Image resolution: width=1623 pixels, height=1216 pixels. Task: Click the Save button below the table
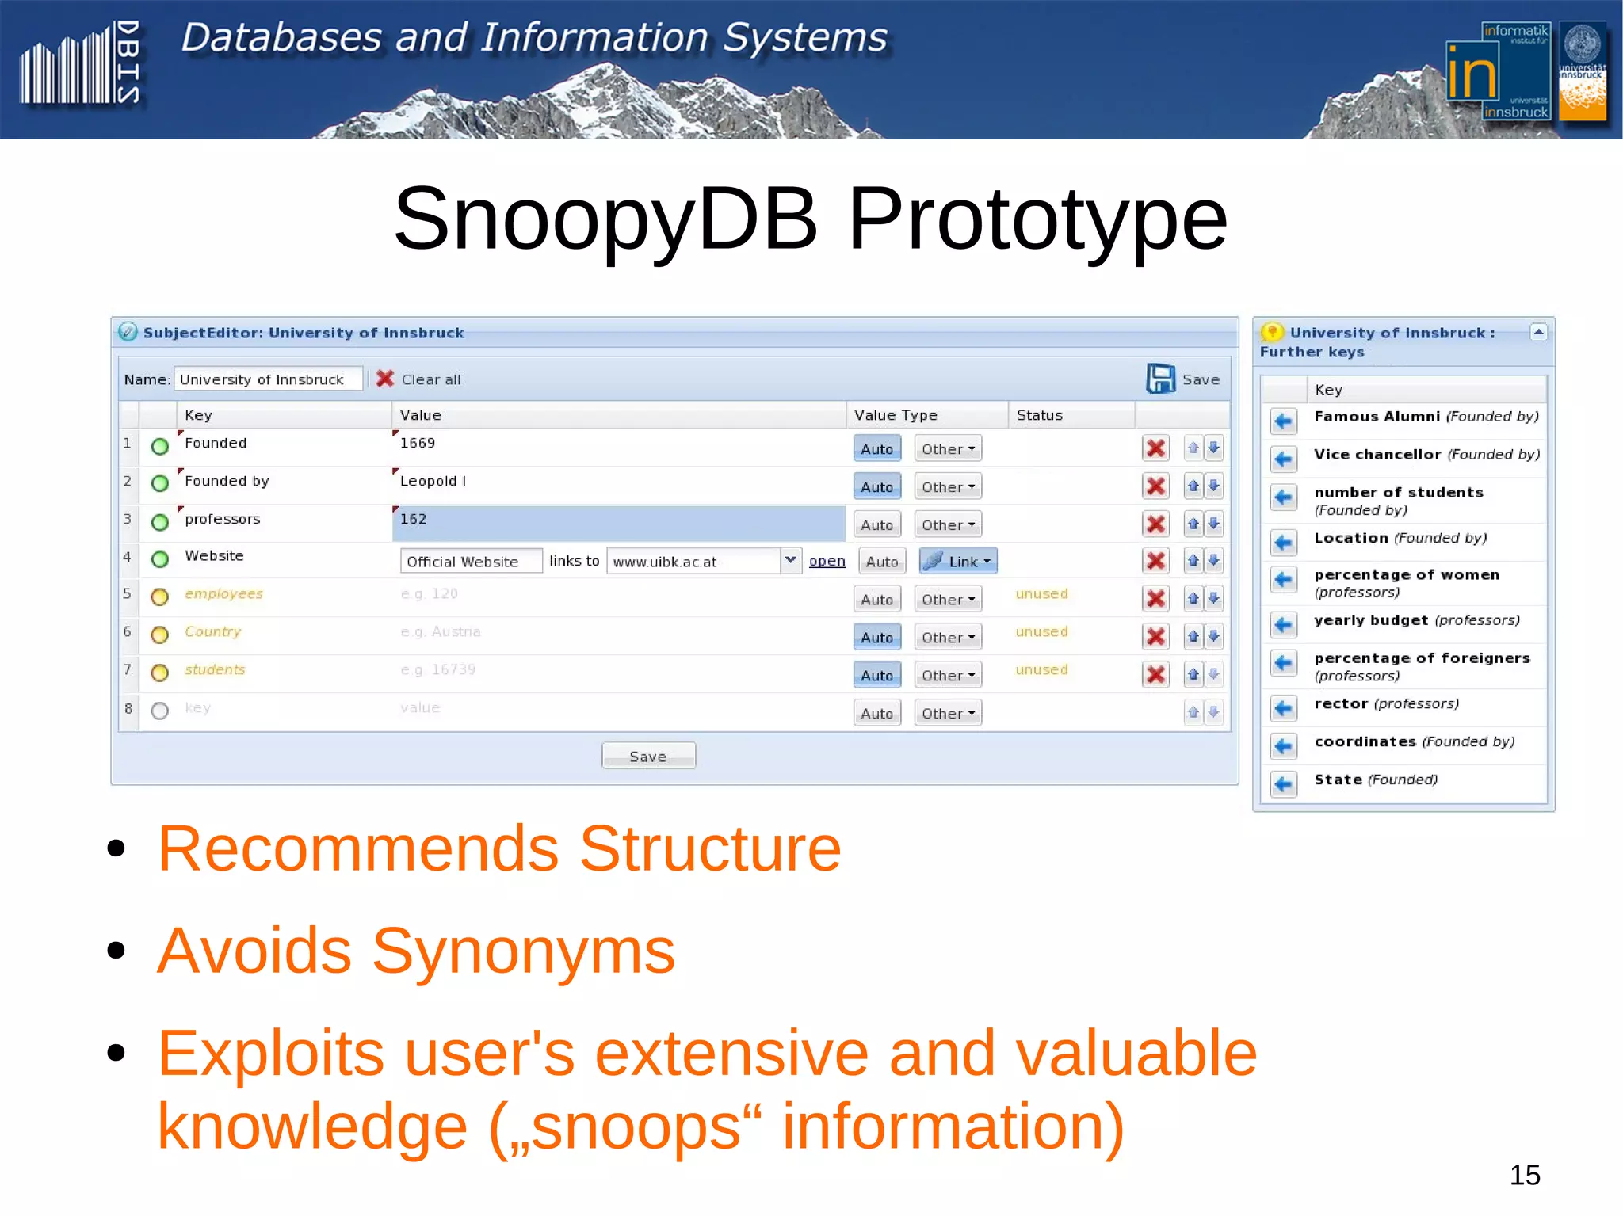tap(647, 756)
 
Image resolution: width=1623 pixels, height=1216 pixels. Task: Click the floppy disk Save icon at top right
tap(1160, 379)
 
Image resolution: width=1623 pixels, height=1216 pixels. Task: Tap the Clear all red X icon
tap(385, 379)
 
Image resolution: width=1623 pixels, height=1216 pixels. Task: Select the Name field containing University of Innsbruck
tap(268, 379)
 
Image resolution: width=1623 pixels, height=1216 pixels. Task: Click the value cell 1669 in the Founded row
tap(618, 444)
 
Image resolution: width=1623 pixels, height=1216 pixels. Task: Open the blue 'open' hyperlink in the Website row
tap(827, 561)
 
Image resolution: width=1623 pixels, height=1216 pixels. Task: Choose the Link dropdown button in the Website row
tap(957, 561)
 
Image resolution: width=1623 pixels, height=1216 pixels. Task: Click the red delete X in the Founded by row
tap(1155, 486)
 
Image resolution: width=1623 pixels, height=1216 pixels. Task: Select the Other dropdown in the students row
tap(947, 675)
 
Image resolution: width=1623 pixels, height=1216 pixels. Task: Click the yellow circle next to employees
tap(160, 597)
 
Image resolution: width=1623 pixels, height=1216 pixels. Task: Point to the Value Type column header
tap(896, 415)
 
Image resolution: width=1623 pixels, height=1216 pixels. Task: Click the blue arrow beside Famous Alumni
tap(1283, 421)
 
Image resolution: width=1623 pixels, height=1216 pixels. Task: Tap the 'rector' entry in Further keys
tap(1341, 703)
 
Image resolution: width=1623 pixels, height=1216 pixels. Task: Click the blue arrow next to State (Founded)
tap(1283, 784)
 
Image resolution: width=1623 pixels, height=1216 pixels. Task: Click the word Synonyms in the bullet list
tap(523, 951)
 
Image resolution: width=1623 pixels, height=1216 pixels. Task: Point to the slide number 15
tap(1524, 1175)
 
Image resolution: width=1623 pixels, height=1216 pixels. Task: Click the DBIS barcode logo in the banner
tap(79, 65)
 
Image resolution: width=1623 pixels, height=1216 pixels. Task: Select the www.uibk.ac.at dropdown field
tap(702, 561)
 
